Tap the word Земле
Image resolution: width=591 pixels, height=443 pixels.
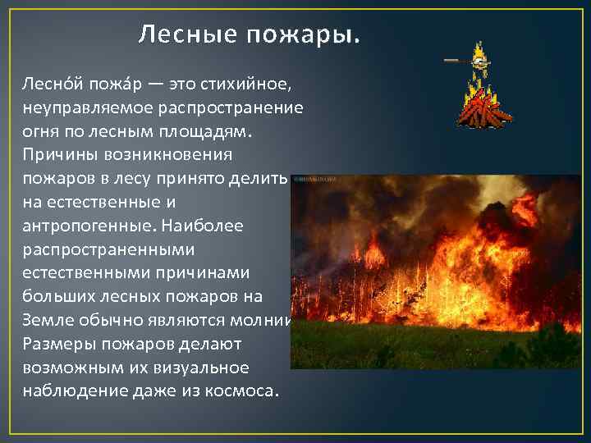point(45,318)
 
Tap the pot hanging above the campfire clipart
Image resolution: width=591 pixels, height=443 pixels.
point(483,60)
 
